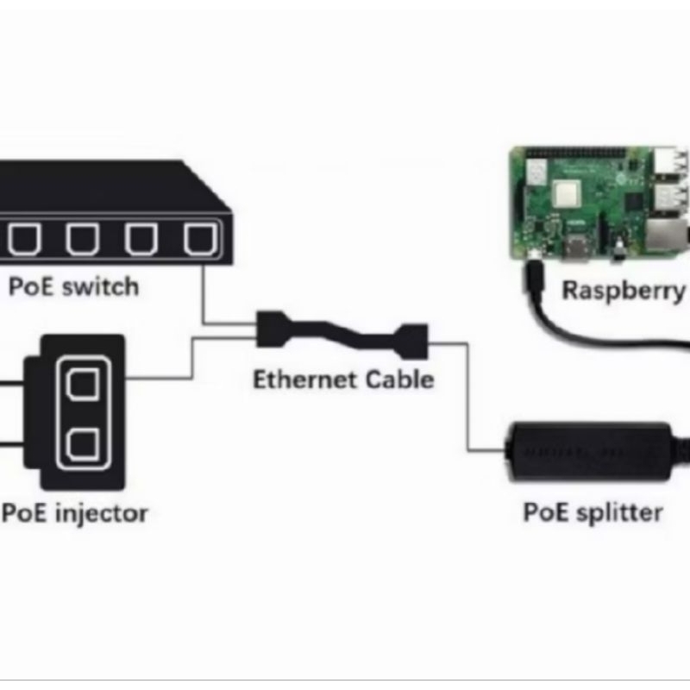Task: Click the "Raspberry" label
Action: [x=624, y=290]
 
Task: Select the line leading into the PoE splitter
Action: [x=470, y=405]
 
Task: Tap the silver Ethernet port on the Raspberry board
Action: [x=669, y=235]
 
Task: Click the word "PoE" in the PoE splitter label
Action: [x=546, y=512]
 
